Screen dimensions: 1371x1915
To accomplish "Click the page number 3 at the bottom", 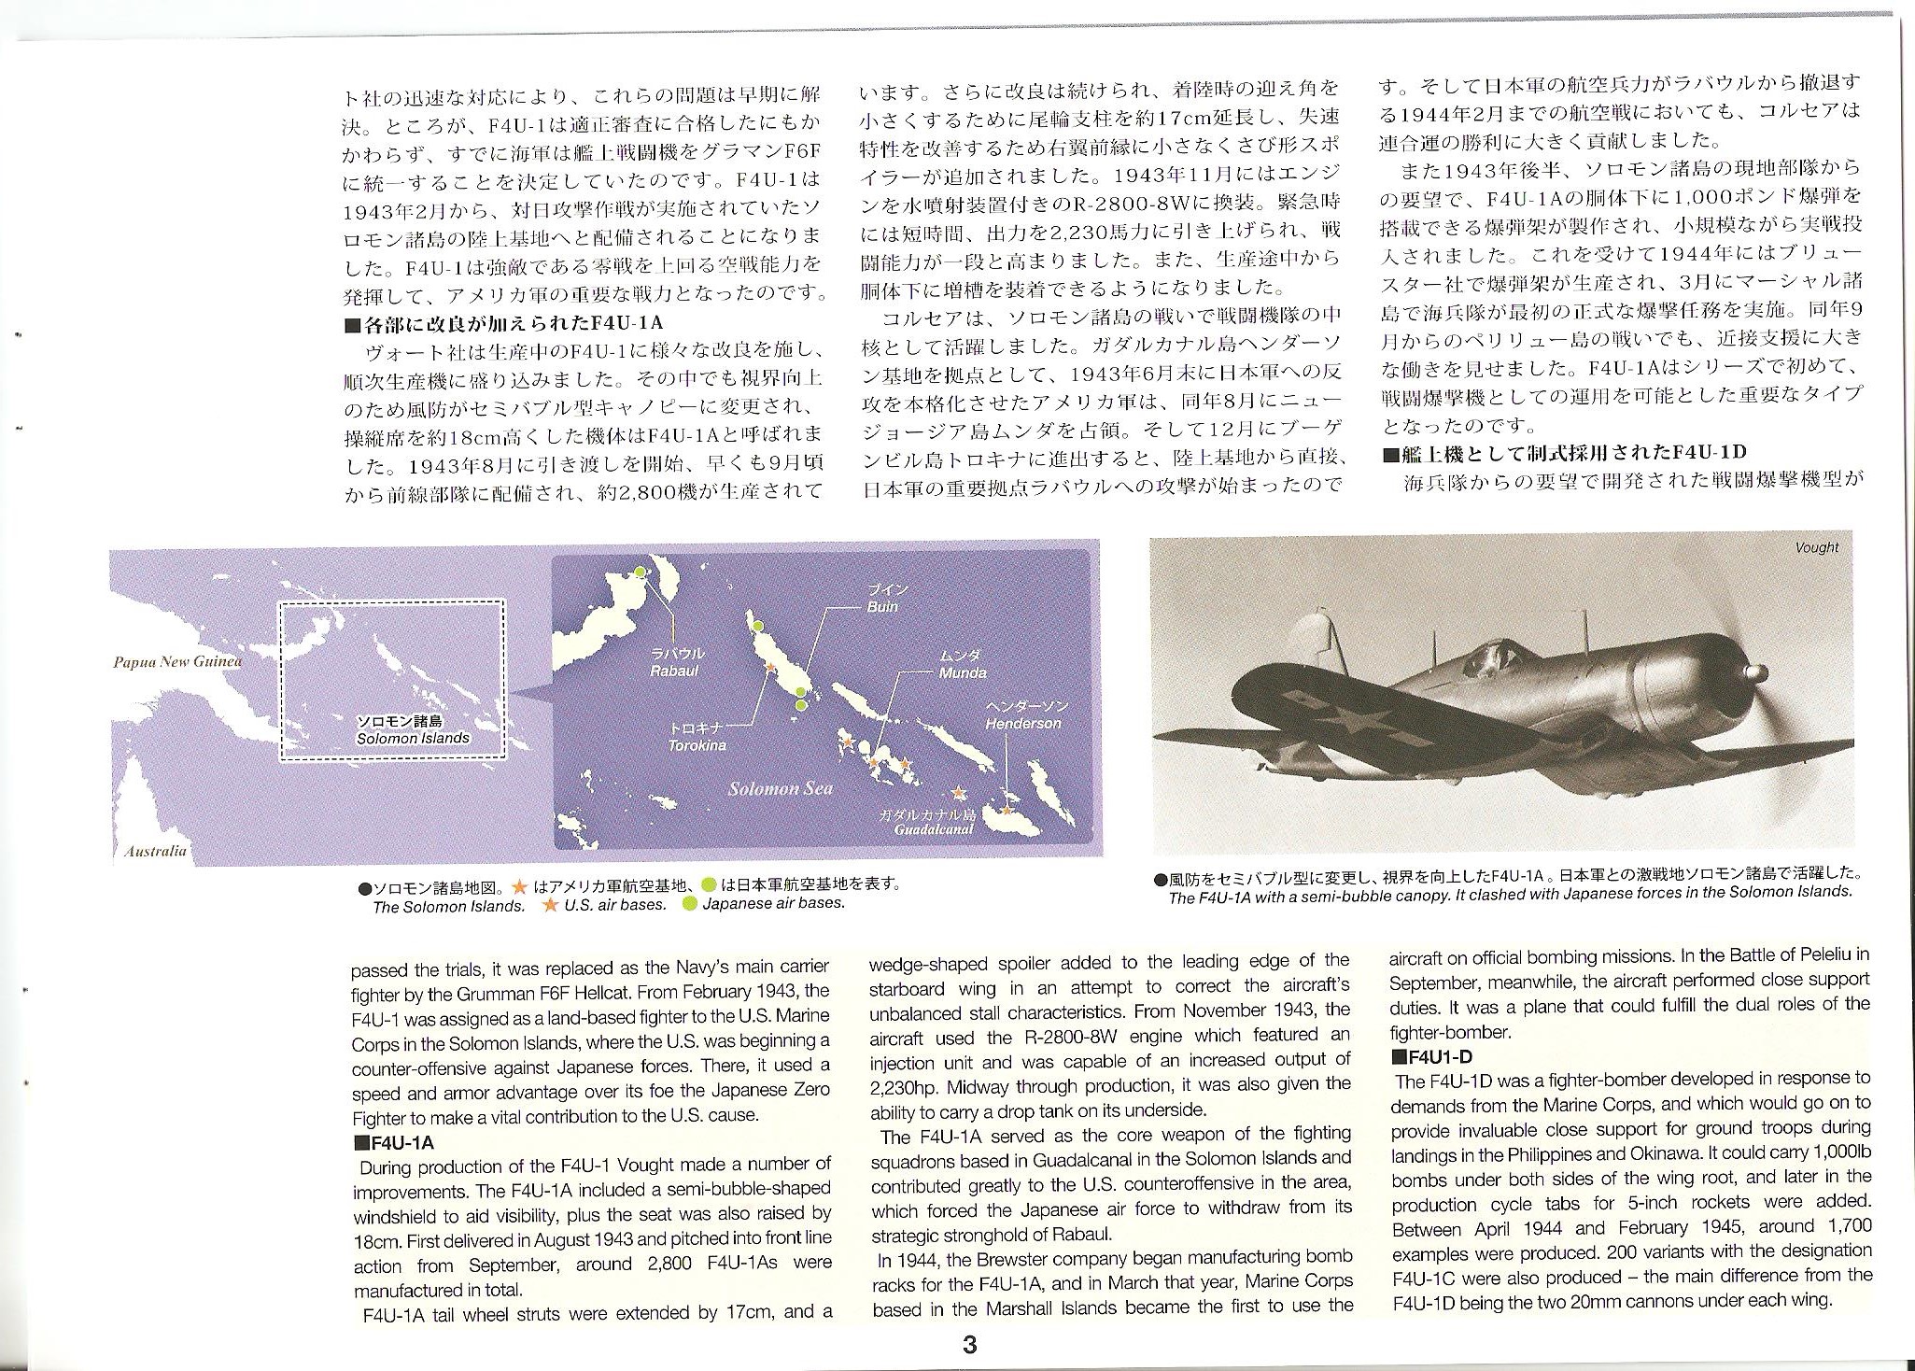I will click(970, 1346).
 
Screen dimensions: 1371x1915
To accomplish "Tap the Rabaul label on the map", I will click(675, 670).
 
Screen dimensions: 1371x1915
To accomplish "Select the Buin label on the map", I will click(882, 606).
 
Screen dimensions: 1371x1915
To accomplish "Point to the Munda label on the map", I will click(963, 672).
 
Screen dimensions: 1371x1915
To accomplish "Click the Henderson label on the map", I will click(1023, 723).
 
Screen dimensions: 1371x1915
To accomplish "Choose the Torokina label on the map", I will click(697, 745).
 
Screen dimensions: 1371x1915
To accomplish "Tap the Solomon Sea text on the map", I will click(780, 788).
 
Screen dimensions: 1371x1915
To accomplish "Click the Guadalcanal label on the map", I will click(933, 828).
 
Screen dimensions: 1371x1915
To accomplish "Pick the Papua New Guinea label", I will click(177, 662).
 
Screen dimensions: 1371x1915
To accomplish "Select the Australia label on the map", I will click(155, 851).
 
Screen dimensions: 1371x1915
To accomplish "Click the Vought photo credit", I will click(1816, 547).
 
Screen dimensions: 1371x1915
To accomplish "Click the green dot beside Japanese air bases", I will click(690, 904).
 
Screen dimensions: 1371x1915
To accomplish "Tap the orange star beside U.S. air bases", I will click(551, 904).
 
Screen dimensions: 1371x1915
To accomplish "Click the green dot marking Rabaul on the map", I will click(640, 572).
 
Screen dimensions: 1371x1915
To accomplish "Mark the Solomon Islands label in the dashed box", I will click(413, 738).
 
